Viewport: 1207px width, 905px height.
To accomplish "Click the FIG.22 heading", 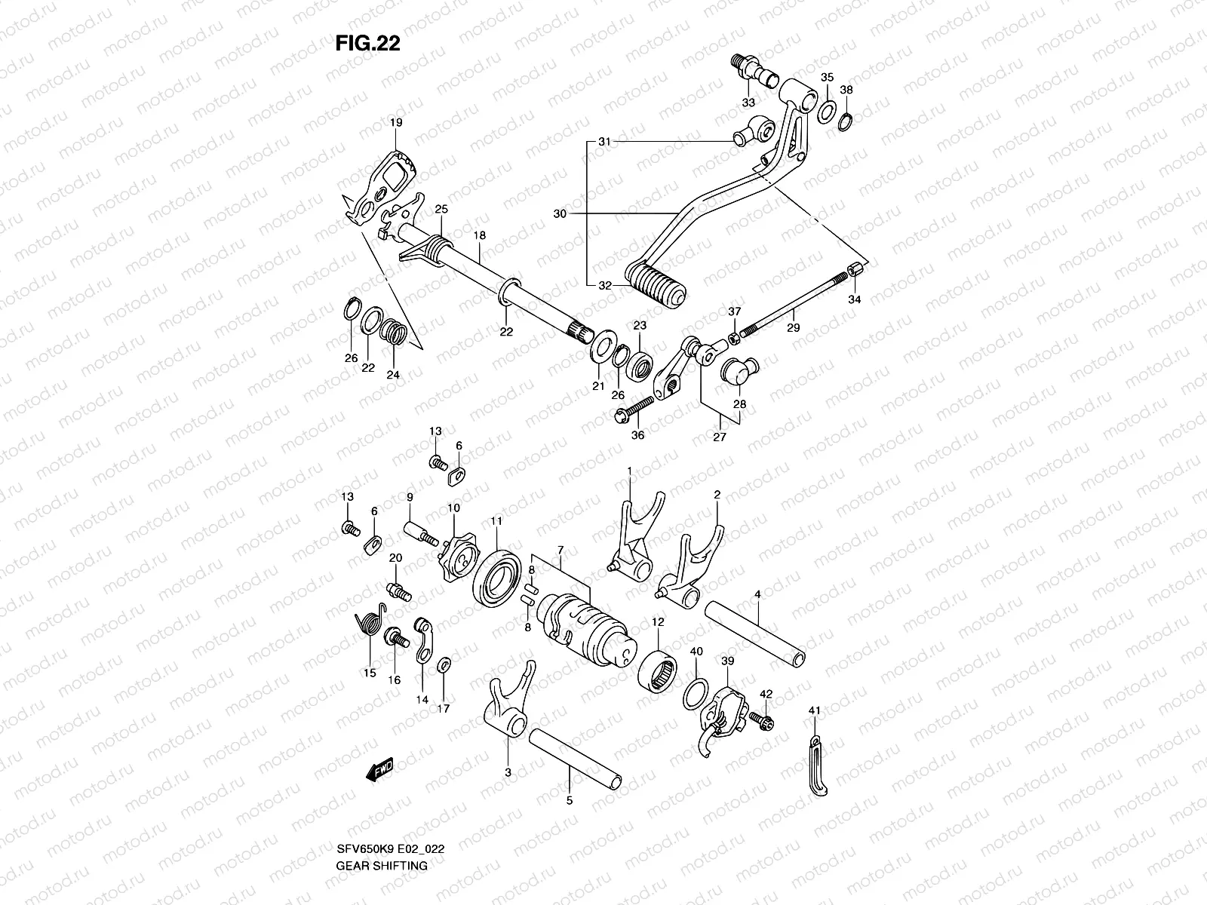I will coord(367,44).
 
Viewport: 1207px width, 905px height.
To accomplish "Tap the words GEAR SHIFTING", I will coord(381,865).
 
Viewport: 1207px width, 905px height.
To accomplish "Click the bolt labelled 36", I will coord(632,410).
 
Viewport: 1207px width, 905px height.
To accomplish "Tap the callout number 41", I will coord(814,710).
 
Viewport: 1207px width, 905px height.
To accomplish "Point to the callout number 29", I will coord(793,328).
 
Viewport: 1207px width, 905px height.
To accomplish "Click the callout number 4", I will coord(757,595).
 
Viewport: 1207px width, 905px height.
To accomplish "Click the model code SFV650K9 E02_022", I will coord(390,848).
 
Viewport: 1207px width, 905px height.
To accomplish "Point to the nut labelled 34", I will coord(855,270).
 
